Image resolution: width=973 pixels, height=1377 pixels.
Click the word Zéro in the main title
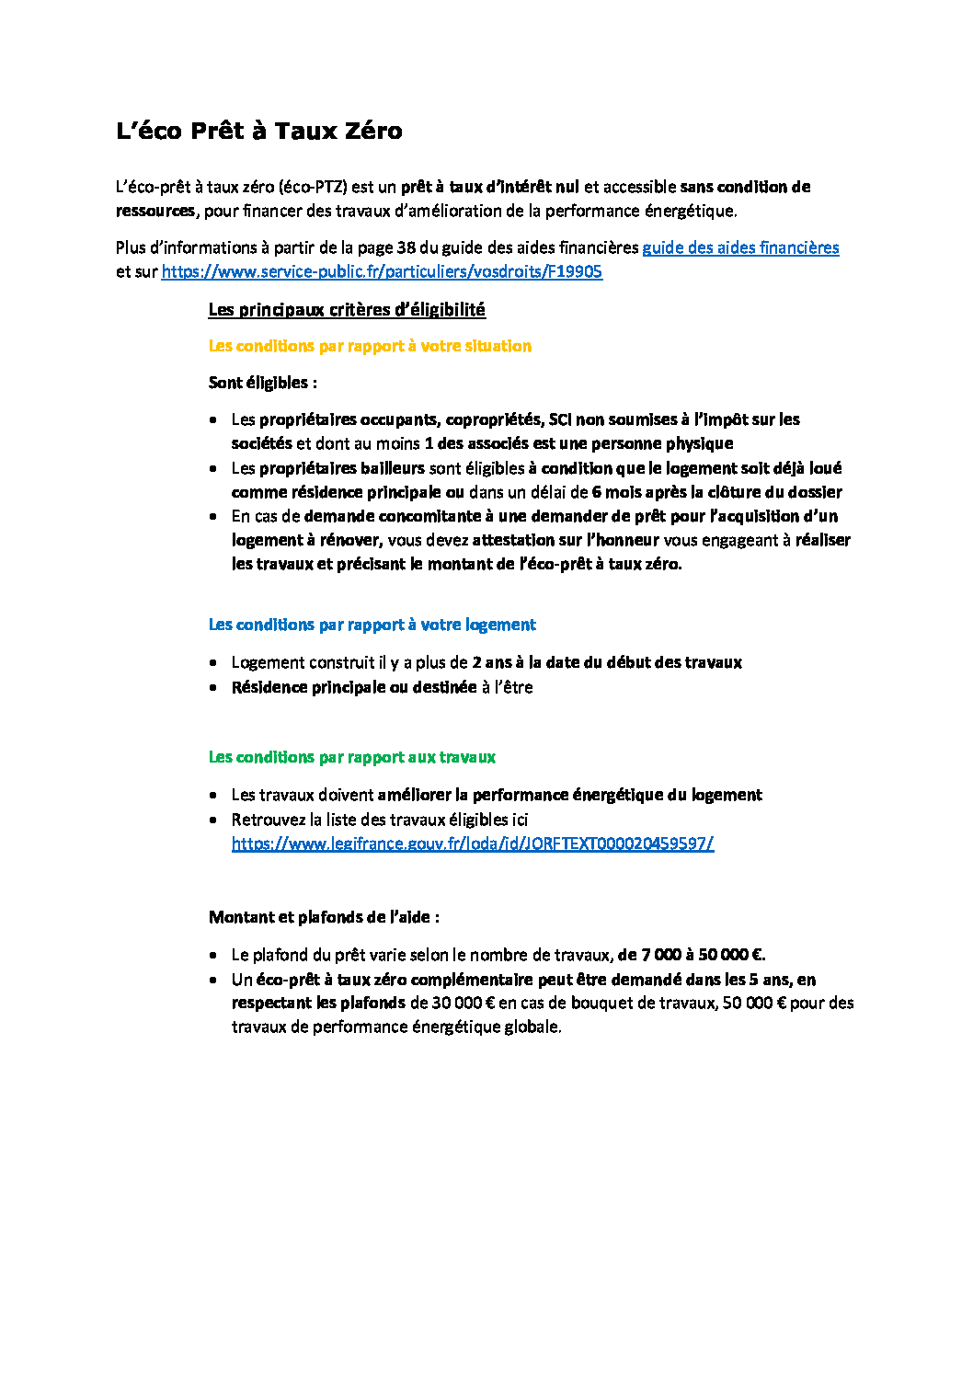pyautogui.click(x=371, y=132)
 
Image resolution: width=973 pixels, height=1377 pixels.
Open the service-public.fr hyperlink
pyautogui.click(x=382, y=271)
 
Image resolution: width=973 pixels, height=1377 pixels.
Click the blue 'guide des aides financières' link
pyautogui.click(x=740, y=247)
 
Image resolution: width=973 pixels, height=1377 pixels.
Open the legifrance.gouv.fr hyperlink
pyautogui.click(x=473, y=843)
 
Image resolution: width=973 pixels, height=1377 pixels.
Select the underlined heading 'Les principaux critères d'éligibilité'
pyautogui.click(x=347, y=310)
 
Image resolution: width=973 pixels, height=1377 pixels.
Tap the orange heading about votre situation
pyautogui.click(x=370, y=346)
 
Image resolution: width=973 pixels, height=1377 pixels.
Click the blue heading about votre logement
pyautogui.click(x=372, y=625)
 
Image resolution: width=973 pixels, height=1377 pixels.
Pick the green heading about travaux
pyautogui.click(x=351, y=757)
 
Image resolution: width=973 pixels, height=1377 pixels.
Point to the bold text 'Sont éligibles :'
pyautogui.click(x=262, y=383)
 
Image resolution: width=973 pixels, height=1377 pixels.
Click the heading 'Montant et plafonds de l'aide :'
pyautogui.click(x=324, y=917)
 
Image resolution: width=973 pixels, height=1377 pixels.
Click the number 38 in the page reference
pyautogui.click(x=406, y=247)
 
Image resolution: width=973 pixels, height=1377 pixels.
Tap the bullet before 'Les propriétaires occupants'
pyautogui.click(x=213, y=420)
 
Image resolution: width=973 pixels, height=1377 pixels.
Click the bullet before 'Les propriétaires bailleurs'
pyautogui.click(x=213, y=469)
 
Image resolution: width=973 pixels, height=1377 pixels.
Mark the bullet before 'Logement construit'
pyautogui.click(x=213, y=663)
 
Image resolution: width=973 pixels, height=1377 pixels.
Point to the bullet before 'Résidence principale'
pyautogui.click(x=213, y=688)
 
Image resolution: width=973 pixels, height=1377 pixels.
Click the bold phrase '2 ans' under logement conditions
pyautogui.click(x=492, y=662)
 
